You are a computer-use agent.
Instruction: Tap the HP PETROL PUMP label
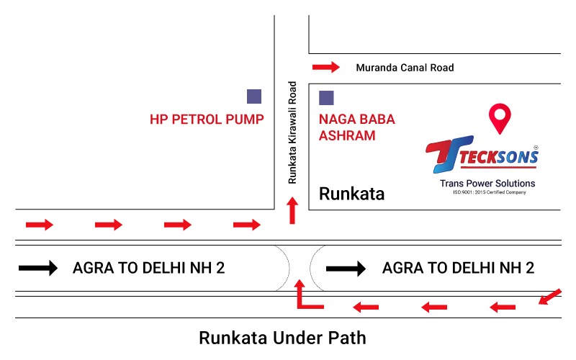[207, 119]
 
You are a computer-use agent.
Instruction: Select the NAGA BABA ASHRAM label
[356, 127]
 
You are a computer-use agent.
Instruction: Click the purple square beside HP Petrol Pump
[254, 96]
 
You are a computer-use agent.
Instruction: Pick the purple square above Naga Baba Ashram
[326, 96]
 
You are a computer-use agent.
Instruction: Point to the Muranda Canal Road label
[405, 68]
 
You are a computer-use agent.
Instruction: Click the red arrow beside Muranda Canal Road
[325, 68]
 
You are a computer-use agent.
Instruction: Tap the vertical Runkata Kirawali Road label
[292, 132]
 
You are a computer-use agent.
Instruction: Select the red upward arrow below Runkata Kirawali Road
[292, 212]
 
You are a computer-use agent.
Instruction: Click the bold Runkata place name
[351, 194]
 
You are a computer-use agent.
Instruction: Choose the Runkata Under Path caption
[282, 337]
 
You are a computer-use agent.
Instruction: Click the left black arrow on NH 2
[37, 269]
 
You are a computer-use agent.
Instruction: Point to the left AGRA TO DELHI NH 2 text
[149, 269]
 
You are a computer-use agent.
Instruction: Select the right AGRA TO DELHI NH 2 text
[458, 269]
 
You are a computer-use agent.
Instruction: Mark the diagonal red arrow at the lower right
[549, 296]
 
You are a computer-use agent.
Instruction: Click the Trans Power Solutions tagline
[487, 183]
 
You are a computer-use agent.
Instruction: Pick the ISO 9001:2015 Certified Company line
[489, 192]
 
